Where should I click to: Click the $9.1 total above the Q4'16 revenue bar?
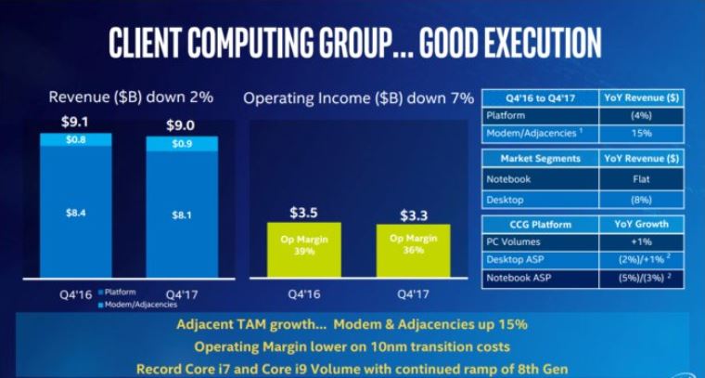75,121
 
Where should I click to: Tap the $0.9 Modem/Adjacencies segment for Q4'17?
182,144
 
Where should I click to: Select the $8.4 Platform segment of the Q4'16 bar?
75,214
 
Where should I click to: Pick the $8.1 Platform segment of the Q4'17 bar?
182,216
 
